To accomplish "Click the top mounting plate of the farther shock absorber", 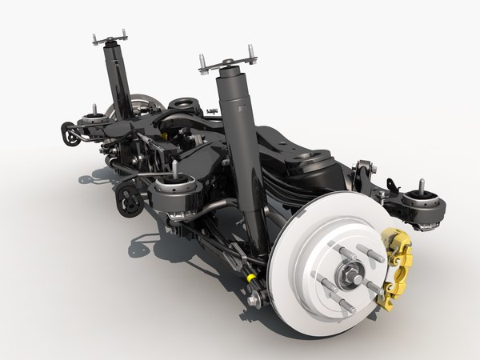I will pos(110,38).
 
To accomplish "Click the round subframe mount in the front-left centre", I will pos(174,192).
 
